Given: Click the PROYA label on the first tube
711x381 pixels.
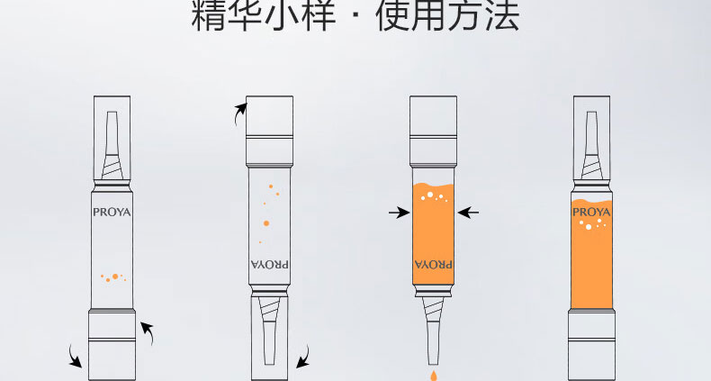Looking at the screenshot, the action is (x=112, y=213).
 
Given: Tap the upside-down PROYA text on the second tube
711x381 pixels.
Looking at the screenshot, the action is (x=269, y=264).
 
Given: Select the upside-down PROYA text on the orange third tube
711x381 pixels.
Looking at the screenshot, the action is (x=433, y=264).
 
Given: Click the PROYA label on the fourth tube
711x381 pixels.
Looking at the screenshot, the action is (x=591, y=213).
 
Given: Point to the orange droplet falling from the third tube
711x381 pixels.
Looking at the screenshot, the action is (x=433, y=375).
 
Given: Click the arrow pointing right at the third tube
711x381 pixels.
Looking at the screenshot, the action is (x=399, y=212).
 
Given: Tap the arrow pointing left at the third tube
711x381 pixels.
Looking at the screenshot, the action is (x=468, y=212).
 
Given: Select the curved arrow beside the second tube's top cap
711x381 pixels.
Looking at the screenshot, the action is (x=239, y=113).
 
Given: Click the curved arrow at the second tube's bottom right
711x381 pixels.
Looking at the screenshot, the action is (x=304, y=357).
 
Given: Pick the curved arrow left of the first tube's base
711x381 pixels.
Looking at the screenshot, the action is (x=74, y=357).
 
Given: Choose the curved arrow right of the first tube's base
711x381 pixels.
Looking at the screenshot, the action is (x=148, y=332).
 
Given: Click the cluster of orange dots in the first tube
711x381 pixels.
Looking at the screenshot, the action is (x=113, y=277).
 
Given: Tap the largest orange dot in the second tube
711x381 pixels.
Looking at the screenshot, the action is (x=266, y=223).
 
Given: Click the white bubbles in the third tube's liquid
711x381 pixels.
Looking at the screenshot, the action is (x=434, y=196).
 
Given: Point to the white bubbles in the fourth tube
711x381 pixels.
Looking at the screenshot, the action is (x=593, y=223).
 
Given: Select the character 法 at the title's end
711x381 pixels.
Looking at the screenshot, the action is (x=501, y=15).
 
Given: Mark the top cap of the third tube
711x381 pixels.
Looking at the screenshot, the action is (x=433, y=131).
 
